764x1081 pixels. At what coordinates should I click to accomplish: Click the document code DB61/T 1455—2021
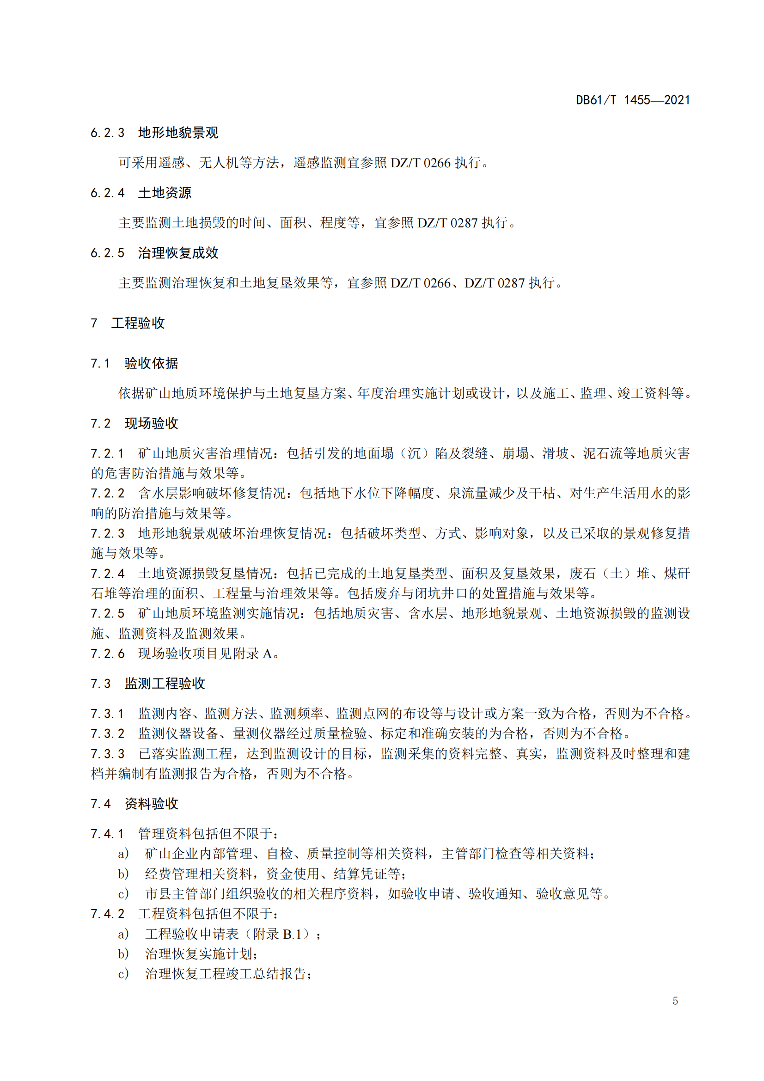(632, 100)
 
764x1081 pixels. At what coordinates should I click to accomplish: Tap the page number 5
(675, 1001)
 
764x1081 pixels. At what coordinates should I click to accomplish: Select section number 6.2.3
(107, 133)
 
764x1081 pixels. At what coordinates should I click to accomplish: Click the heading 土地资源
(165, 193)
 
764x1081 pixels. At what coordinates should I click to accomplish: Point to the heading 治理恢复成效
(178, 253)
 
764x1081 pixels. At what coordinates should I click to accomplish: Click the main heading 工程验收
(138, 323)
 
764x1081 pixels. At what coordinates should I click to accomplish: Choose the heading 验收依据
(151, 363)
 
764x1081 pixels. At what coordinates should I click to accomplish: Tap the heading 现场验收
(151, 424)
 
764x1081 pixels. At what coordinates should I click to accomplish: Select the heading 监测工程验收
(165, 684)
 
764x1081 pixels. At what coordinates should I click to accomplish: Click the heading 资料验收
(151, 804)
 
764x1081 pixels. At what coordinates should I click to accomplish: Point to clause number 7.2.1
(107, 454)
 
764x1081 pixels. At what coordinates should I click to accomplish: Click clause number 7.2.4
(107, 574)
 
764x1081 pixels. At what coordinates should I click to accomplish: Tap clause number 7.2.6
(107, 654)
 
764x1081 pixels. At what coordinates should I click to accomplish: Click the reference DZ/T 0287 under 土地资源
(447, 223)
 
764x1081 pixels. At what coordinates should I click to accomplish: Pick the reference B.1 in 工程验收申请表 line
(292, 934)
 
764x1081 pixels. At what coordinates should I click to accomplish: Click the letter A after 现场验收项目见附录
(267, 654)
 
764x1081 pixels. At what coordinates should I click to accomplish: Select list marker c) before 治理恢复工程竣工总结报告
(123, 974)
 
